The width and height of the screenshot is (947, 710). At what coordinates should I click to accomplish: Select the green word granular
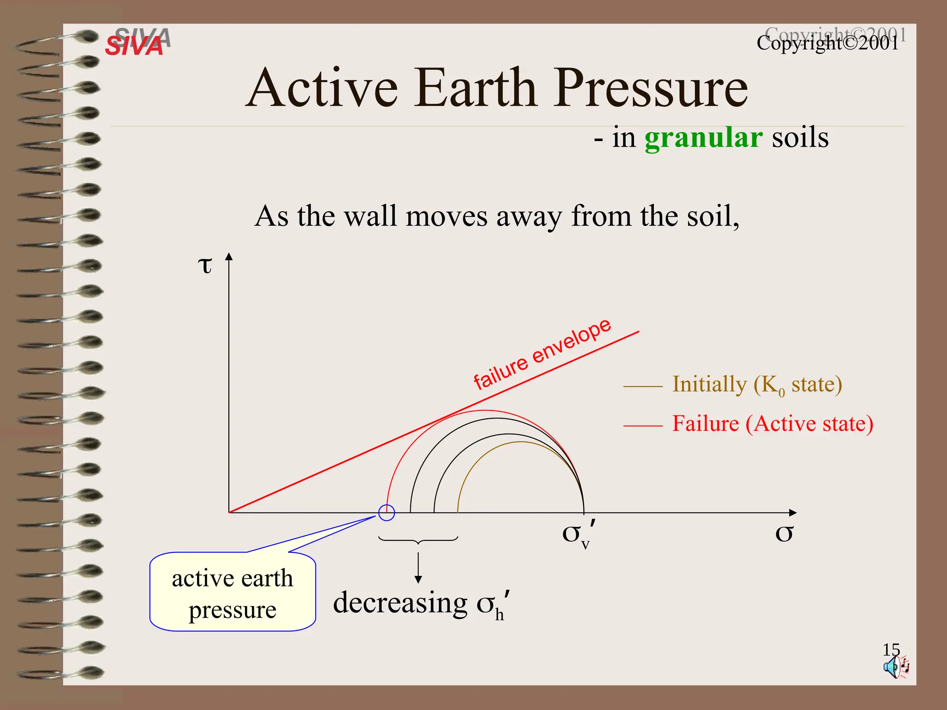703,138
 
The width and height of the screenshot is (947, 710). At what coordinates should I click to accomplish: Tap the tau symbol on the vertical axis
205,265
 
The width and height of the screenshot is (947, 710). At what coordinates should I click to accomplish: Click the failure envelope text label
542,354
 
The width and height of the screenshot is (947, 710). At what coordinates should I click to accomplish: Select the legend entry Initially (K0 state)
756,385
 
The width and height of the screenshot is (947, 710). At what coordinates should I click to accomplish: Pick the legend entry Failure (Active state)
772,424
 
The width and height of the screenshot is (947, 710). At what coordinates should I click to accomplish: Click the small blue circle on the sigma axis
387,512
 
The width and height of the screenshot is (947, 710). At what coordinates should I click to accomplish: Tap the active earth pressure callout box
233,593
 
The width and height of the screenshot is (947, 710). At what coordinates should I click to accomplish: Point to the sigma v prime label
578,534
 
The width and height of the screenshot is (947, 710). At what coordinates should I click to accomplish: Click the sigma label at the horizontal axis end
784,533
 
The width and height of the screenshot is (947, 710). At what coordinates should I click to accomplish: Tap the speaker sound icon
895,667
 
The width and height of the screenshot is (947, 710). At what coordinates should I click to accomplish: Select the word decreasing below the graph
400,603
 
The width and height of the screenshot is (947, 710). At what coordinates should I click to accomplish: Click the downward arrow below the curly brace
418,568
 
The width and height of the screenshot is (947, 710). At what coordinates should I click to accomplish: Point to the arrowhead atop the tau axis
229,257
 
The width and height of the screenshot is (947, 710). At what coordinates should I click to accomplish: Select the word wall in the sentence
371,216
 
